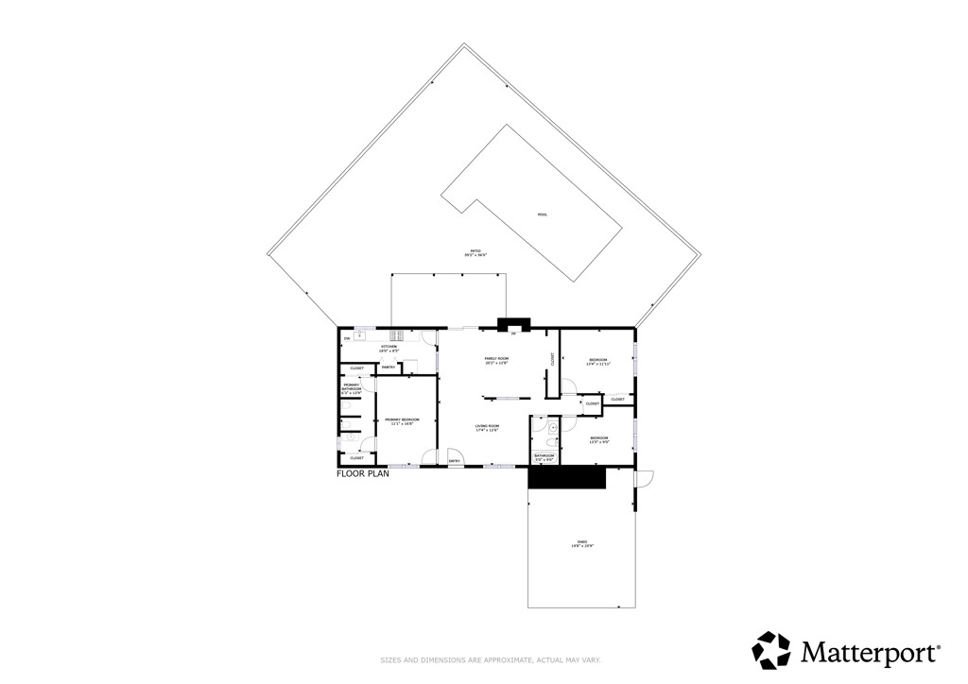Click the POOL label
pos(543,214)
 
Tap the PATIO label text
pos(475,252)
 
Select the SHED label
pos(581,543)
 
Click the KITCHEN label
pos(389,348)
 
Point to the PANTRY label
pos(389,367)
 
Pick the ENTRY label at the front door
pos(454,460)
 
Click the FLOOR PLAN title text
pos(363,474)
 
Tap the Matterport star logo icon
pos(770,650)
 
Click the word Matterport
pos(870,651)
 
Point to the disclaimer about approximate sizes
pos(483,659)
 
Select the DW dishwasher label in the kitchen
pos(347,338)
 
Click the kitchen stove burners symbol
pos(397,333)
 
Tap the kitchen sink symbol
pos(360,334)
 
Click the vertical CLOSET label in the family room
pos(553,359)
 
